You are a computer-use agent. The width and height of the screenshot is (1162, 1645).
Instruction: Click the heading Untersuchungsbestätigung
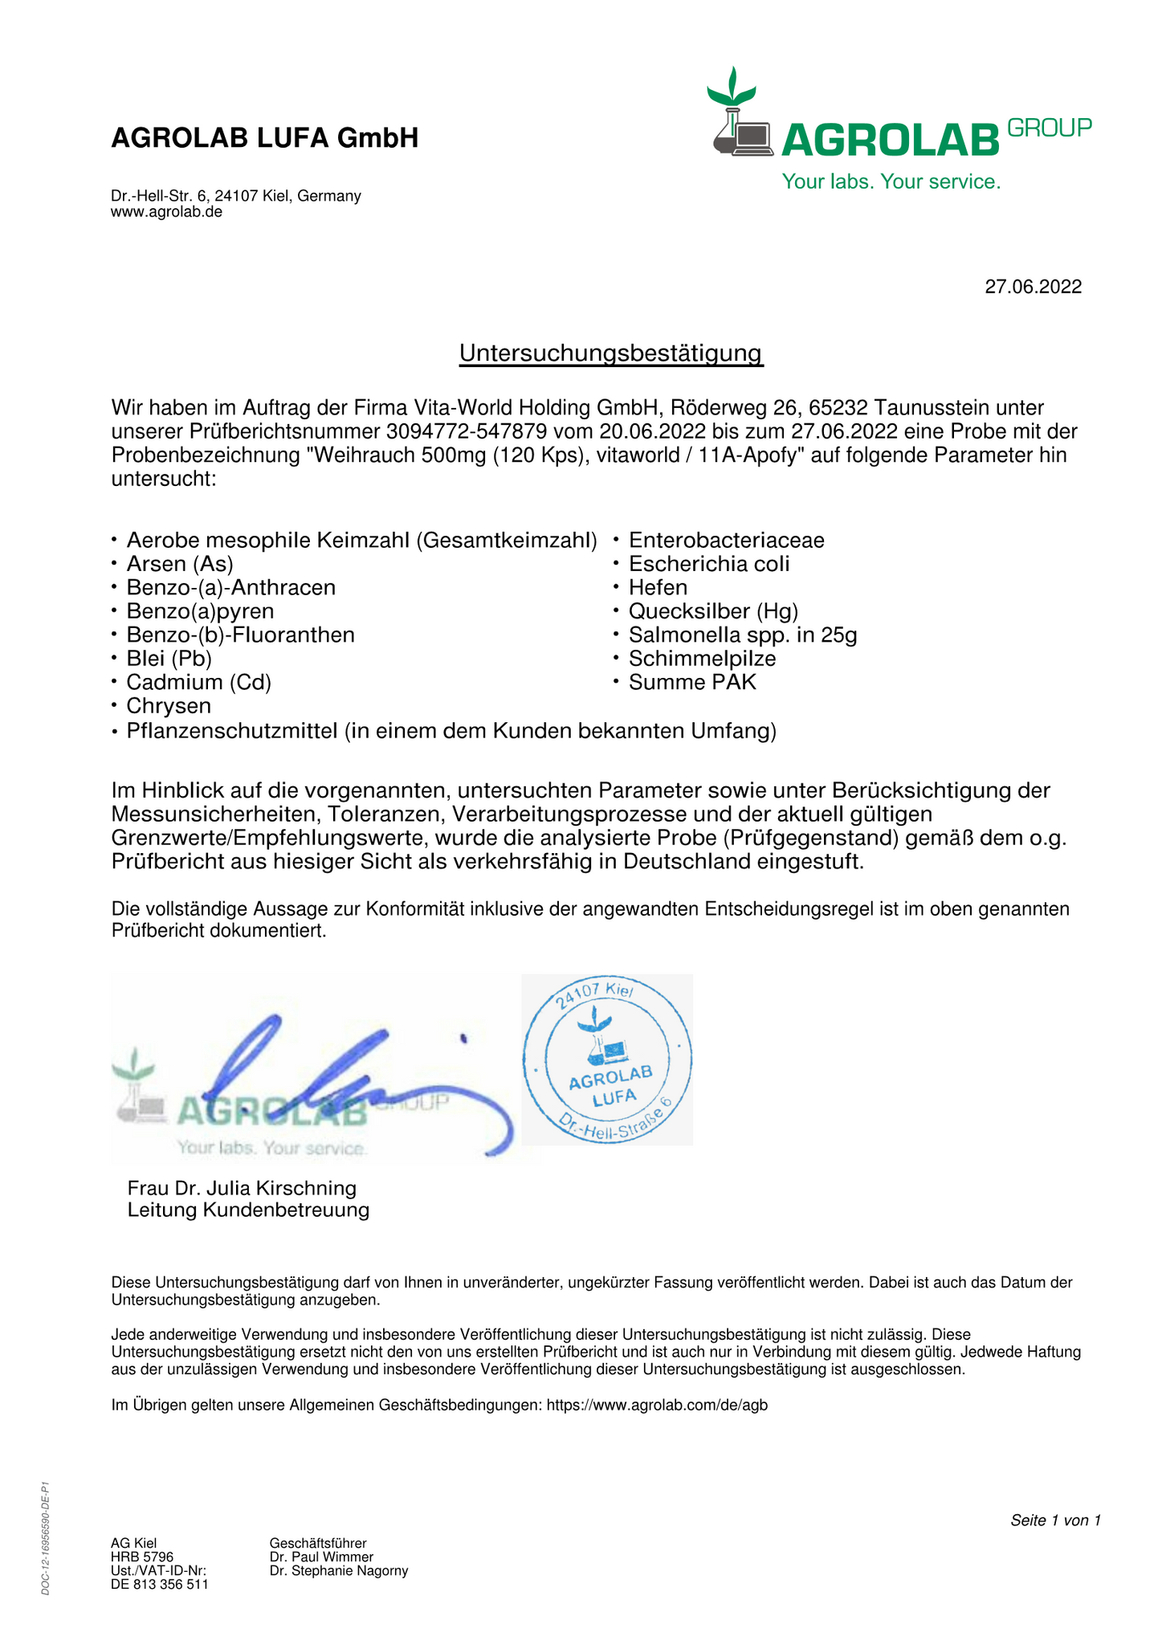(610, 353)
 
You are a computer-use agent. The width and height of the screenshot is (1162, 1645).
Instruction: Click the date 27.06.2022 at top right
(1033, 287)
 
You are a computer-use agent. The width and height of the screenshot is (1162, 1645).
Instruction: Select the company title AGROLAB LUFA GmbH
(264, 138)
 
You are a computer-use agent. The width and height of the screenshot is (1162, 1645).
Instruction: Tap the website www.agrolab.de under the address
(166, 212)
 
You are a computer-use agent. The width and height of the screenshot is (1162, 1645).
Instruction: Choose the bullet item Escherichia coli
(709, 564)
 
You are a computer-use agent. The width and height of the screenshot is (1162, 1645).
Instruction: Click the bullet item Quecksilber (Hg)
(713, 611)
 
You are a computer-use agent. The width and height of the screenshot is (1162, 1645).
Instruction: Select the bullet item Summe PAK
(692, 683)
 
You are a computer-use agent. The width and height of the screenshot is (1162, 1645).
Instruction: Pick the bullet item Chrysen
(169, 706)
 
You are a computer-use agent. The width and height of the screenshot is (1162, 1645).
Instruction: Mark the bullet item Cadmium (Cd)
(198, 683)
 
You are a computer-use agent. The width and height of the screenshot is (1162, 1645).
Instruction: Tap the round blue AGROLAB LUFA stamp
(607, 1059)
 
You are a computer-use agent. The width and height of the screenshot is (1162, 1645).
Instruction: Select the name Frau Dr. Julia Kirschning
(242, 1188)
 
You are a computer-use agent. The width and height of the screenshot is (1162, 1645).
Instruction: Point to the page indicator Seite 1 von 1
(1054, 1520)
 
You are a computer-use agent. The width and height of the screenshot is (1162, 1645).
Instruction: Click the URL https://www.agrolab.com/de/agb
(657, 1405)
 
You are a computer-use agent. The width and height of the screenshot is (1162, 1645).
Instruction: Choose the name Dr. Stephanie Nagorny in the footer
(339, 1570)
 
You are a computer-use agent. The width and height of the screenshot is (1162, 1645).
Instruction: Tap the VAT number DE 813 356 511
(159, 1584)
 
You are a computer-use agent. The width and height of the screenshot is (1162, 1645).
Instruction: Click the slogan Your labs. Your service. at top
(891, 182)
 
